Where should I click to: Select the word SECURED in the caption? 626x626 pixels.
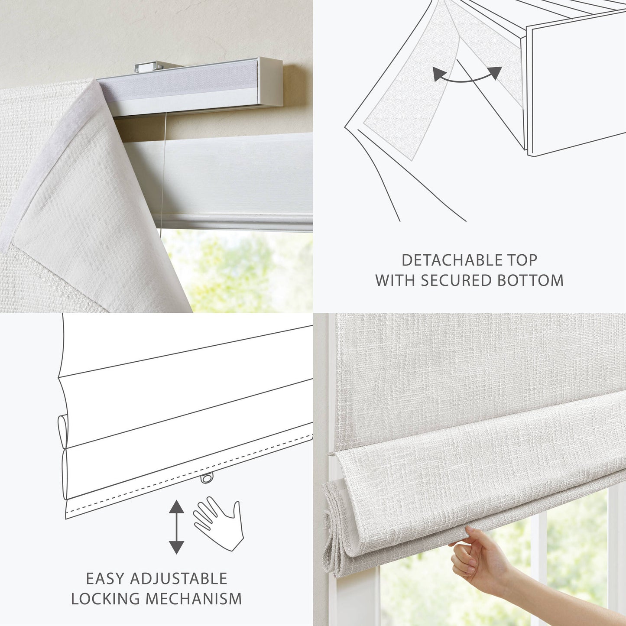pyautogui.click(x=457, y=281)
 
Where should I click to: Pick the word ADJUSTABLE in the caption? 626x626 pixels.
pyautogui.click(x=178, y=579)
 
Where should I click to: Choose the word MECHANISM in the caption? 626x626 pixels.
pyautogui.click(x=194, y=599)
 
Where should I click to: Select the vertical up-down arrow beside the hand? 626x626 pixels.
pyautogui.click(x=176, y=527)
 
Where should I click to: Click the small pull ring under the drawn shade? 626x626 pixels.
pyautogui.click(x=207, y=478)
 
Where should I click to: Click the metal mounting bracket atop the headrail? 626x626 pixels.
pyautogui.click(x=149, y=67)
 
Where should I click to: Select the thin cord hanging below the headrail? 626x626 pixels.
pyautogui.click(x=163, y=173)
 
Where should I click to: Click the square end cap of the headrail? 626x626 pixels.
pyautogui.click(x=271, y=82)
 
